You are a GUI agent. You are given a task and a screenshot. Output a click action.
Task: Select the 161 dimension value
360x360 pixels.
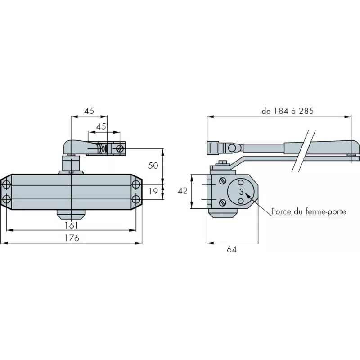72,225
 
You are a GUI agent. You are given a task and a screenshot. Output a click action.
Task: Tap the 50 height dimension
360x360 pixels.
153,165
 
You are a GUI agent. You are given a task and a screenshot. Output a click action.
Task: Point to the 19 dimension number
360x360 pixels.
153,191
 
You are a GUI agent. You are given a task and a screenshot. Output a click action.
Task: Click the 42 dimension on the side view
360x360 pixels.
182,191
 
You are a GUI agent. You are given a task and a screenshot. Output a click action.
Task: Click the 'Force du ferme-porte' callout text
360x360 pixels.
308,211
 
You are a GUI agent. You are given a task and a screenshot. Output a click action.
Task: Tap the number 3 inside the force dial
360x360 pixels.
241,192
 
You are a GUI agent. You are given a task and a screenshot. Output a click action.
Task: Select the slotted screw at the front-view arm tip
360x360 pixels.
120,148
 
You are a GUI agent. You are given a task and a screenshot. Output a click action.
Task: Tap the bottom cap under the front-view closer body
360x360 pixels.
72,212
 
